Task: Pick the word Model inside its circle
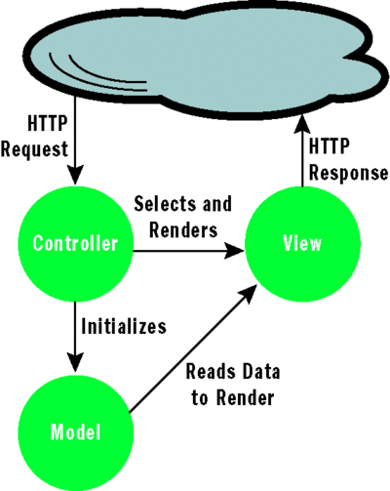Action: pyautogui.click(x=74, y=430)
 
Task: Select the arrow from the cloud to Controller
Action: pyautogui.click(x=74, y=146)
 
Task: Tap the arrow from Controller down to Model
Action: pyautogui.click(x=74, y=337)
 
